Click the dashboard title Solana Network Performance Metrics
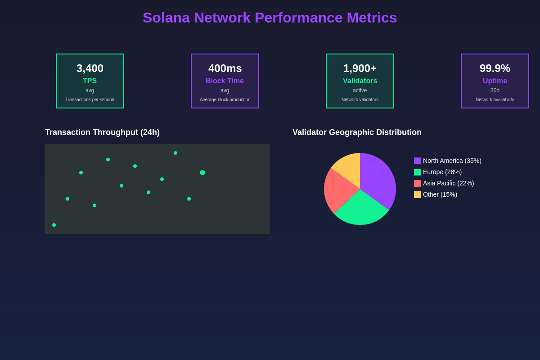click(x=270, y=18)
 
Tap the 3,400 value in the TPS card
click(x=90, y=68)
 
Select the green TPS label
click(x=90, y=81)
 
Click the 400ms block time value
click(x=225, y=68)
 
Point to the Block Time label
click(x=225, y=81)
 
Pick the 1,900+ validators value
click(x=360, y=68)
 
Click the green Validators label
click(x=360, y=81)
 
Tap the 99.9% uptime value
click(x=495, y=68)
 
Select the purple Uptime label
click(x=495, y=81)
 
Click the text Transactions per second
click(x=90, y=100)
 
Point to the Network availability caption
click(x=495, y=100)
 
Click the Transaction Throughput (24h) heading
click(x=102, y=132)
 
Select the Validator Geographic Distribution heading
click(x=357, y=132)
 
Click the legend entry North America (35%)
click(x=452, y=161)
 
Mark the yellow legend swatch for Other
click(x=417, y=194)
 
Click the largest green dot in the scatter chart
click(x=202, y=173)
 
